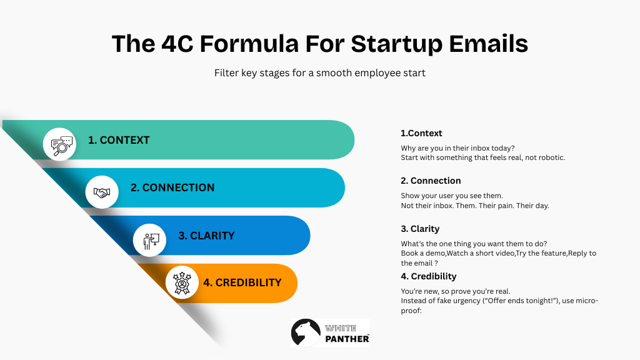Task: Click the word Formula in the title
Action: coord(249,44)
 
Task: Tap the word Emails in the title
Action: coord(488,44)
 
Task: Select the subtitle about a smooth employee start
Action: coord(320,73)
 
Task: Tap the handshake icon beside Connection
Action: coord(102,192)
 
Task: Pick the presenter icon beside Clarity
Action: coord(151,241)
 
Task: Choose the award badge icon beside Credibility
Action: coord(182,283)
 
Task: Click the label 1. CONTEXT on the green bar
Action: coord(119,140)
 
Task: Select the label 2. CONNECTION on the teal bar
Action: coord(172,187)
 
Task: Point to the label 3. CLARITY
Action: coord(206,236)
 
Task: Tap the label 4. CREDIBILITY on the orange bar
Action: coord(242,282)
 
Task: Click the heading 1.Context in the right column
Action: coord(421,133)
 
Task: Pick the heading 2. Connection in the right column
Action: coord(431,181)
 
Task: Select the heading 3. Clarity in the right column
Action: coord(420,229)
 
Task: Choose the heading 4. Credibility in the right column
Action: coord(429,276)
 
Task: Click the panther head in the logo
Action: coord(306,332)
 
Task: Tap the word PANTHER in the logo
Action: coord(347,339)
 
